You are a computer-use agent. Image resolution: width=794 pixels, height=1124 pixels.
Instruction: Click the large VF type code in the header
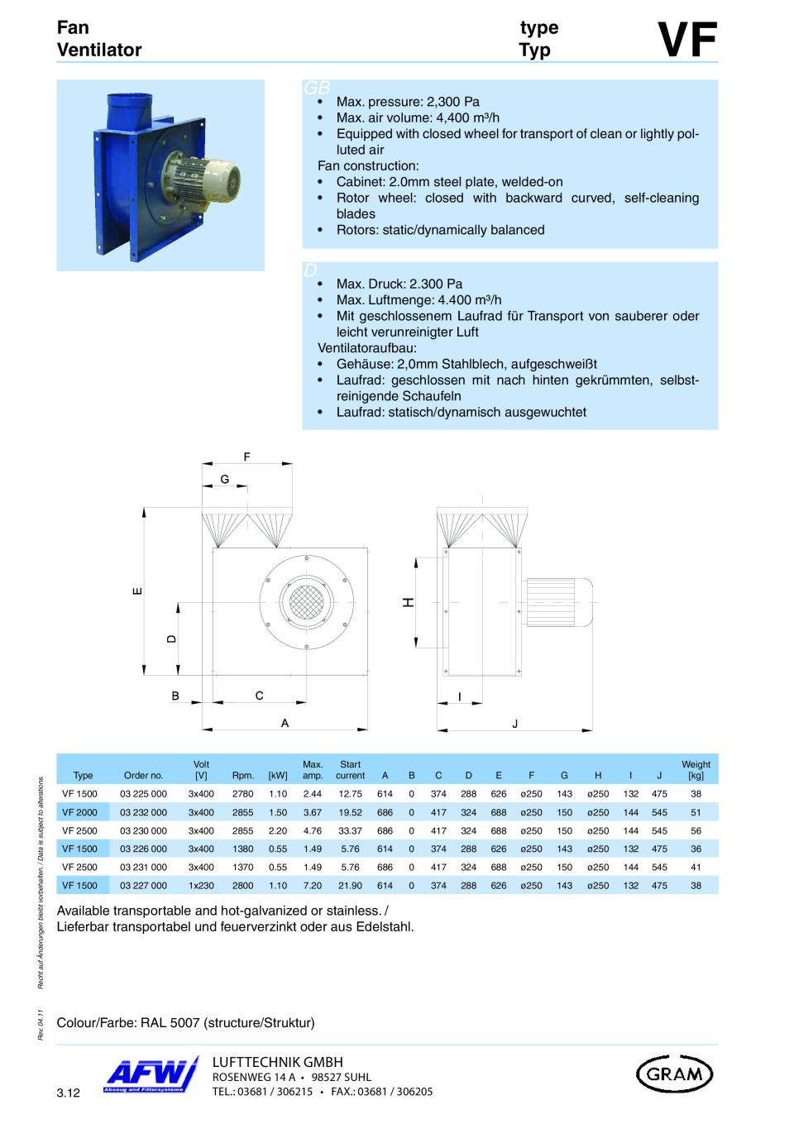(x=686, y=40)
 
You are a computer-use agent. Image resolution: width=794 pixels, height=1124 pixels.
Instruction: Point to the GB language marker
(x=316, y=88)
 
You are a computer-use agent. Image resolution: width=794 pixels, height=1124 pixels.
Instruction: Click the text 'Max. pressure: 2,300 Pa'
(x=408, y=102)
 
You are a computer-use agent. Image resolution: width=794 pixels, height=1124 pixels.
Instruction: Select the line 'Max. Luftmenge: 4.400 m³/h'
(x=419, y=299)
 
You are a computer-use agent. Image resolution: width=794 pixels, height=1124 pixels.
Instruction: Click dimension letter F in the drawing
(x=246, y=457)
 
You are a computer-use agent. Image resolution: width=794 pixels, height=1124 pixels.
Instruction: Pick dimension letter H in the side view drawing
(x=408, y=602)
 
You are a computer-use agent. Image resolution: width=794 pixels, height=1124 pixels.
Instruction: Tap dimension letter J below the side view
(x=514, y=723)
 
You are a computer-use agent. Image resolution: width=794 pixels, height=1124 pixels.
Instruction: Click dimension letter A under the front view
(x=285, y=723)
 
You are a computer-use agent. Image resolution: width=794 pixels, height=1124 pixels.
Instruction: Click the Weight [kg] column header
(x=696, y=770)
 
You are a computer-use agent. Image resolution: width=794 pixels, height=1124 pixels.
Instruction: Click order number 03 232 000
(x=143, y=812)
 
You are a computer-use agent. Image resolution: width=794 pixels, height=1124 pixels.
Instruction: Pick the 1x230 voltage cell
(x=201, y=885)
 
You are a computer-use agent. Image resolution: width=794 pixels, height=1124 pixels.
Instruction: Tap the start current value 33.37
(x=350, y=830)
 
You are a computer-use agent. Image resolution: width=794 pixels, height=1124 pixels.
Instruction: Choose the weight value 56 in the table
(x=696, y=830)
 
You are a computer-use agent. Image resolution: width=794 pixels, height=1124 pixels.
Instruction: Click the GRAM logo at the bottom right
(x=674, y=1074)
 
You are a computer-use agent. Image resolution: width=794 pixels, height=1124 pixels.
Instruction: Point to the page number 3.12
(x=69, y=1094)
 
